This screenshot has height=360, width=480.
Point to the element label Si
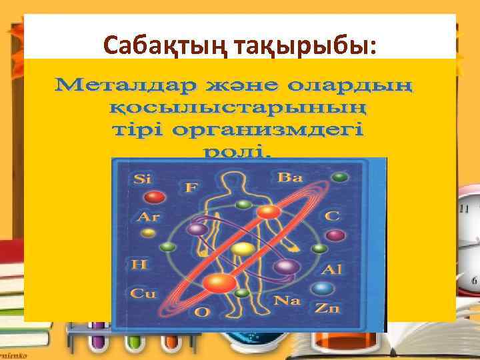coord(143,179)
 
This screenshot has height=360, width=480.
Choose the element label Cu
coord(142,293)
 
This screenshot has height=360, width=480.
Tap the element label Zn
coord(328,309)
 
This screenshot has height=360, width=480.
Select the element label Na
coord(287,300)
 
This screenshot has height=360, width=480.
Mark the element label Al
coord(331,270)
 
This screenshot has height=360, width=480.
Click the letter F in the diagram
coord(191,187)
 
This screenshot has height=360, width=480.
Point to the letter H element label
coord(139,265)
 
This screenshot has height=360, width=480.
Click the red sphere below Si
coord(155,197)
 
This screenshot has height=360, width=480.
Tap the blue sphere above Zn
coord(323,289)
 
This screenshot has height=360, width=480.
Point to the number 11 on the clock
coord(463,209)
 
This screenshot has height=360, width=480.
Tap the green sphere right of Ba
coord(341,177)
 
